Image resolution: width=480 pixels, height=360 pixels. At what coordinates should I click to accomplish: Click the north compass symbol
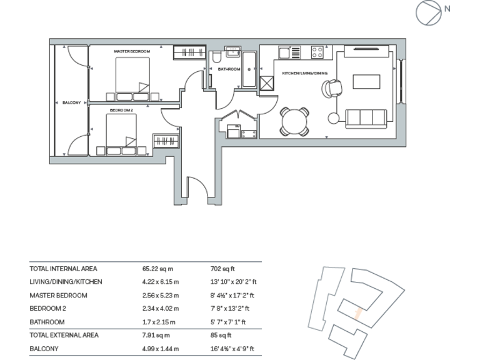pyautogui.click(x=429, y=12)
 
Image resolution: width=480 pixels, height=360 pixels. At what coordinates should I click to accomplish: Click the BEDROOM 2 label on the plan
pyautogui.click(x=121, y=110)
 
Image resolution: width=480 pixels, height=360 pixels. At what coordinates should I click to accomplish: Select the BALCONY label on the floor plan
pyautogui.click(x=71, y=102)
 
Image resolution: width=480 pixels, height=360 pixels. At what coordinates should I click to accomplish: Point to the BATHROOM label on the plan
pyautogui.click(x=229, y=69)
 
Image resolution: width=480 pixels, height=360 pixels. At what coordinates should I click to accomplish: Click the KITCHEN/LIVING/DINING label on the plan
pyautogui.click(x=304, y=73)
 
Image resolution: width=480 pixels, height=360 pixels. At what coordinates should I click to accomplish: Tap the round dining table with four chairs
pyautogui.click(x=294, y=121)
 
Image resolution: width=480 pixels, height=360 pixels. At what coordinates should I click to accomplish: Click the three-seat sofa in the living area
pyautogui.click(x=366, y=117)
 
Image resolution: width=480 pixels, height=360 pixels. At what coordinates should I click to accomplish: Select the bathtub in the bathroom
pyautogui.click(x=248, y=70)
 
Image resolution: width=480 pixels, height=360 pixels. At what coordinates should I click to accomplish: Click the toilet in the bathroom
pyautogui.click(x=216, y=58)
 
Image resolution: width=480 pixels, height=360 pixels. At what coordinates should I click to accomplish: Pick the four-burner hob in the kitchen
pyautogui.click(x=317, y=52)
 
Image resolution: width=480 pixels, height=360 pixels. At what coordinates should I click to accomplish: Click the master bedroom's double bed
pyautogui.click(x=132, y=79)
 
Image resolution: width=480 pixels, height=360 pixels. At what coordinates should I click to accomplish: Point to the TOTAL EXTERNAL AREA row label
pyautogui.click(x=64, y=335)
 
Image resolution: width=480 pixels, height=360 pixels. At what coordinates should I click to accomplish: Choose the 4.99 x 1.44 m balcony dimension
pyautogui.click(x=161, y=349)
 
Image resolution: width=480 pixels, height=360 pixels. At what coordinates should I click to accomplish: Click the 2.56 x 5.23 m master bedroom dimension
pyautogui.click(x=161, y=295)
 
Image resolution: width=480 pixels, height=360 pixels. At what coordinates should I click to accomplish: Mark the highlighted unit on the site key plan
pyautogui.click(x=357, y=311)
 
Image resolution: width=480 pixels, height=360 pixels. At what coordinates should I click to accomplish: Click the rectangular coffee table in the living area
pyautogui.click(x=366, y=82)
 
